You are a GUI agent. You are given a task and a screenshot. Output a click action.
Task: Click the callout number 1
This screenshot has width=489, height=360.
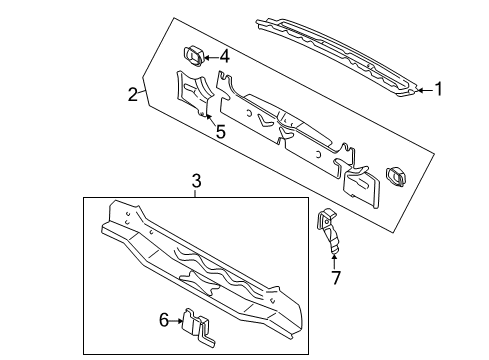[x=439, y=89]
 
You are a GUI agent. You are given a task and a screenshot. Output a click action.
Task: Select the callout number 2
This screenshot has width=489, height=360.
[x=133, y=94]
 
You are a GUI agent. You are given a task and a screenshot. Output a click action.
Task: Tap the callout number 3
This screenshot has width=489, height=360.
[x=197, y=181]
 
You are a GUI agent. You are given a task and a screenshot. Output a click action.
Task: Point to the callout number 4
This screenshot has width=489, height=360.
[x=225, y=57]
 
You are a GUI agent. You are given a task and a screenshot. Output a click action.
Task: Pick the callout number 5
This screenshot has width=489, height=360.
[x=221, y=131]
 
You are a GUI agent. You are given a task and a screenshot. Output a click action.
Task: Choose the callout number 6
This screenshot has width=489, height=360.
[x=164, y=321]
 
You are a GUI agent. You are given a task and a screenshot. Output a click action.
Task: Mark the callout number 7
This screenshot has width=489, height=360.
[x=336, y=278]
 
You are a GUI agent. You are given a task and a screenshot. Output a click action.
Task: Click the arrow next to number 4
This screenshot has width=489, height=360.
[x=211, y=57]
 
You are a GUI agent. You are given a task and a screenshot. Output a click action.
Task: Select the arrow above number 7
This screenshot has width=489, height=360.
[x=334, y=261]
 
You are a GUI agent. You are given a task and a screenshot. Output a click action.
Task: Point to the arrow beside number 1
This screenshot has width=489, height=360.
[x=425, y=90]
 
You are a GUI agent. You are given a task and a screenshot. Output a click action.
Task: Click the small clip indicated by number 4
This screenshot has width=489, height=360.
[x=194, y=57]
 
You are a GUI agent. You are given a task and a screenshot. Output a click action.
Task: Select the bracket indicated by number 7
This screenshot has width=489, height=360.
[x=328, y=231]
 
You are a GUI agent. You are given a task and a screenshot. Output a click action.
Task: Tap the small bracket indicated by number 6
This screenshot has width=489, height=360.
[x=197, y=327]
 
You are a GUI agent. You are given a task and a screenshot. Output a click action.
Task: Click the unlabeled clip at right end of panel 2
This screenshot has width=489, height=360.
[x=396, y=176]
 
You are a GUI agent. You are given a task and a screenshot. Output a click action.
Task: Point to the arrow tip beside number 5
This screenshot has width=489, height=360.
[x=206, y=115]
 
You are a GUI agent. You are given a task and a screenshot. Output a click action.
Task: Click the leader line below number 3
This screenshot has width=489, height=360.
[x=196, y=193]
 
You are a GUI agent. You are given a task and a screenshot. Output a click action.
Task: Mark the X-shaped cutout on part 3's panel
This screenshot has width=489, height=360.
[x=199, y=282]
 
